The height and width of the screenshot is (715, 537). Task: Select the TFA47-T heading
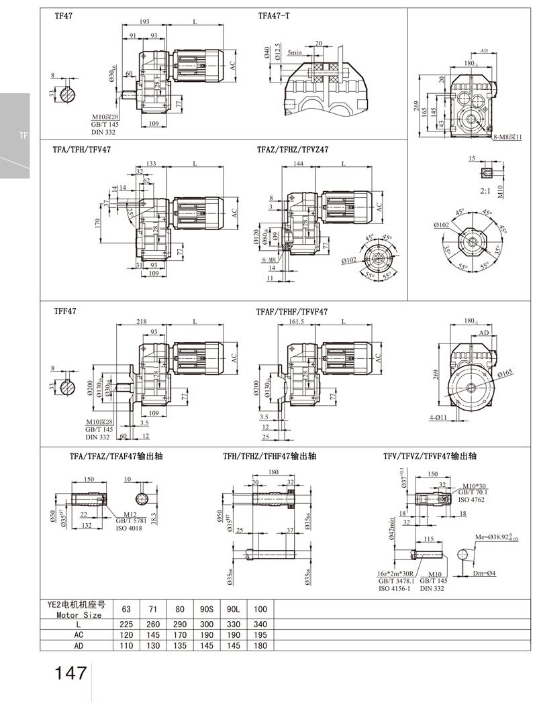pyautogui.click(x=273, y=15)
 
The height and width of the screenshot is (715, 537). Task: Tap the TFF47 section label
pyautogui.click(x=64, y=312)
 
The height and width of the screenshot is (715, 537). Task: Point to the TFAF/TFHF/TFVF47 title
pyautogui.click(x=292, y=312)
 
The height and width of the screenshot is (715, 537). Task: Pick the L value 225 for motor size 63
pyautogui.click(x=126, y=623)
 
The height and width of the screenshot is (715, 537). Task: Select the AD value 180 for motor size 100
pyautogui.click(x=261, y=645)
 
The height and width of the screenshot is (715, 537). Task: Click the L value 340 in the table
pyautogui.click(x=261, y=623)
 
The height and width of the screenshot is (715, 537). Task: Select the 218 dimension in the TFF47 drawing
pyautogui.click(x=141, y=323)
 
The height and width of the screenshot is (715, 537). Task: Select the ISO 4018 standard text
pyautogui.click(x=130, y=528)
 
